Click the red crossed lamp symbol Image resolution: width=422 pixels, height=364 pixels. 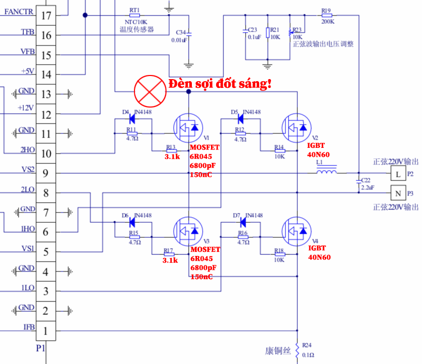pos(149,91)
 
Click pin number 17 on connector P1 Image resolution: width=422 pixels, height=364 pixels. pos(46,16)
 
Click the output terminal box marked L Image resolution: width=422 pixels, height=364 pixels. pos(398,174)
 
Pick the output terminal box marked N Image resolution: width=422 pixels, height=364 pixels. pos(398,194)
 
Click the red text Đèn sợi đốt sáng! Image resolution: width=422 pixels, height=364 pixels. pos(220,84)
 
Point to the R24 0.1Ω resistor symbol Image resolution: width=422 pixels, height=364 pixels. pos(297,350)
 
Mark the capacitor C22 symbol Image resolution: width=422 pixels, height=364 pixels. pos(358,181)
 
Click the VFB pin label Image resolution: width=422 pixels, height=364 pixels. pos(27,52)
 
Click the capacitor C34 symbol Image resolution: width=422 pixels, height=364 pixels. pos(189,34)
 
